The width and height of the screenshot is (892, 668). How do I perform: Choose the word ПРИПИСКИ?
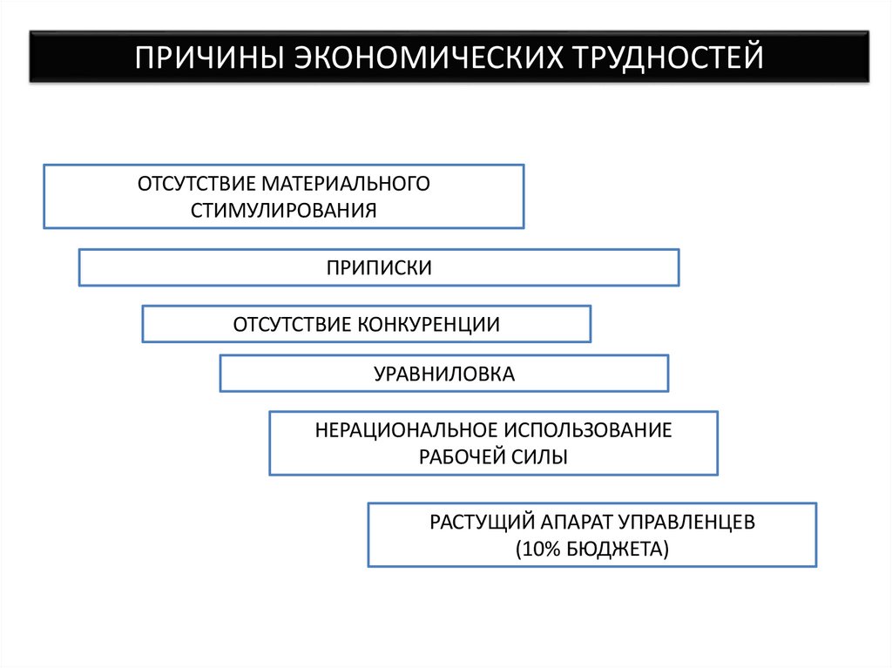pos(379,267)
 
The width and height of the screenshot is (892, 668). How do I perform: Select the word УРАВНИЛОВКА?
pos(444,374)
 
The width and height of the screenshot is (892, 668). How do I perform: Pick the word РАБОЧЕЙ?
pos(458,456)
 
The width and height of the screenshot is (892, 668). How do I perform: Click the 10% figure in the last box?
pos(538,549)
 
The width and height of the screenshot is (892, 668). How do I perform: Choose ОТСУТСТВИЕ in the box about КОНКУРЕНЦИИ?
pos(292,324)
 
